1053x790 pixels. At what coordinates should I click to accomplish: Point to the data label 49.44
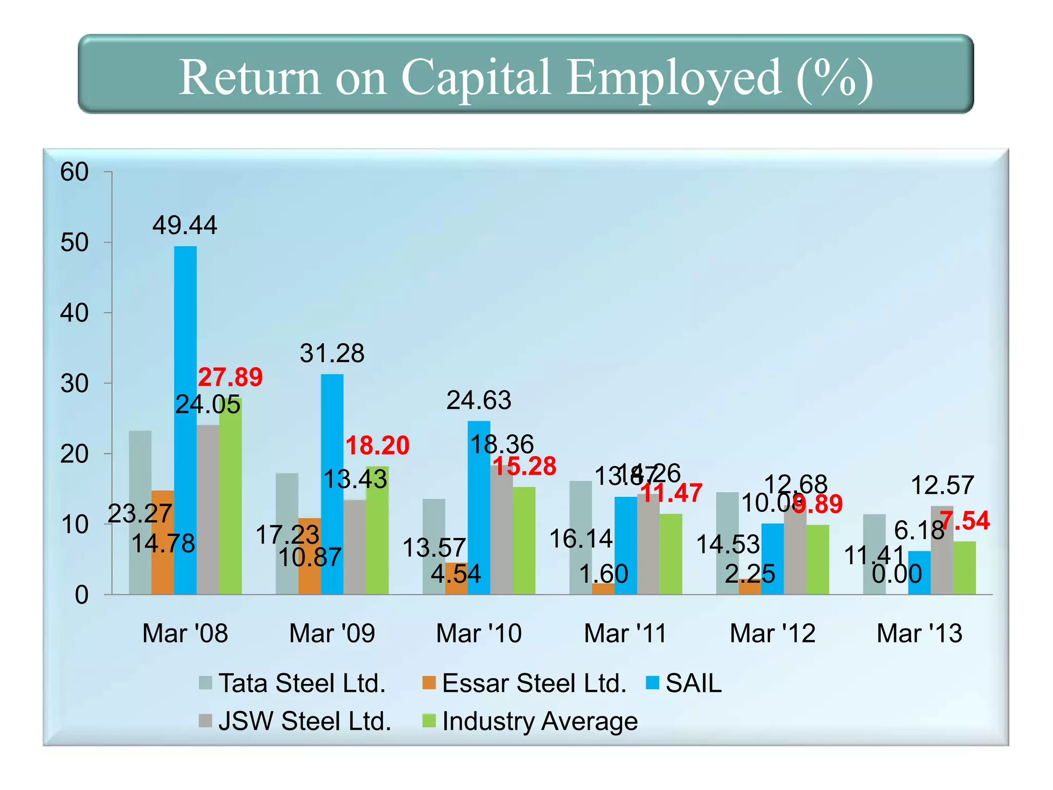[185, 225]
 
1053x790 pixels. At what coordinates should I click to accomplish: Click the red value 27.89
[230, 377]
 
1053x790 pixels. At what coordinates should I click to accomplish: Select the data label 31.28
[332, 353]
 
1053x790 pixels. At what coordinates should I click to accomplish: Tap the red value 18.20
[377, 445]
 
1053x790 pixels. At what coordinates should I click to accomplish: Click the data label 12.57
[942, 485]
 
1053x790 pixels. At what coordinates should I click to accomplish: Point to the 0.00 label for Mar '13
[897, 573]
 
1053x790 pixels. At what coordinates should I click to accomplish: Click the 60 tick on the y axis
[75, 172]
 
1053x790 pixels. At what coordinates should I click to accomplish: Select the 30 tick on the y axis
[75, 384]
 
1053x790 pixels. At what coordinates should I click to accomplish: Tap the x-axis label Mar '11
[625, 633]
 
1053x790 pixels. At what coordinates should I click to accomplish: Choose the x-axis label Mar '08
[185, 633]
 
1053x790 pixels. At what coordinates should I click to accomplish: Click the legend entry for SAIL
[684, 683]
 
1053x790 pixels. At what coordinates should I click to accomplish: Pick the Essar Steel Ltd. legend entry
[524, 683]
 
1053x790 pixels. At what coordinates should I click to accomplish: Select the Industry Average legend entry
[530, 721]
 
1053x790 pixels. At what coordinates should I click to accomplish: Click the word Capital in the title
[476, 77]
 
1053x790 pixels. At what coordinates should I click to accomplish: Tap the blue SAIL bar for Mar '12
[772, 559]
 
